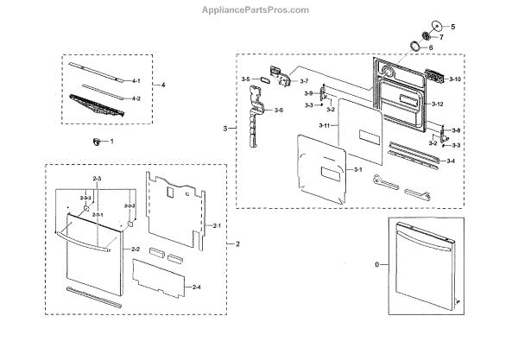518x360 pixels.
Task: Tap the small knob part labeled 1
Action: (x=97, y=141)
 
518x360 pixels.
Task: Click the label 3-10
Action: (x=456, y=79)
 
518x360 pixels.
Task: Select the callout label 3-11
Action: (x=325, y=127)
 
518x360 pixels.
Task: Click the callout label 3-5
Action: (x=245, y=79)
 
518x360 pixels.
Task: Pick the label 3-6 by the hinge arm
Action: (x=278, y=111)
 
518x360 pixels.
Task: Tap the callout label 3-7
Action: (x=303, y=81)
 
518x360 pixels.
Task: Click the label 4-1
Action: (x=136, y=80)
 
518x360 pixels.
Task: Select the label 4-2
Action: (x=136, y=98)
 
